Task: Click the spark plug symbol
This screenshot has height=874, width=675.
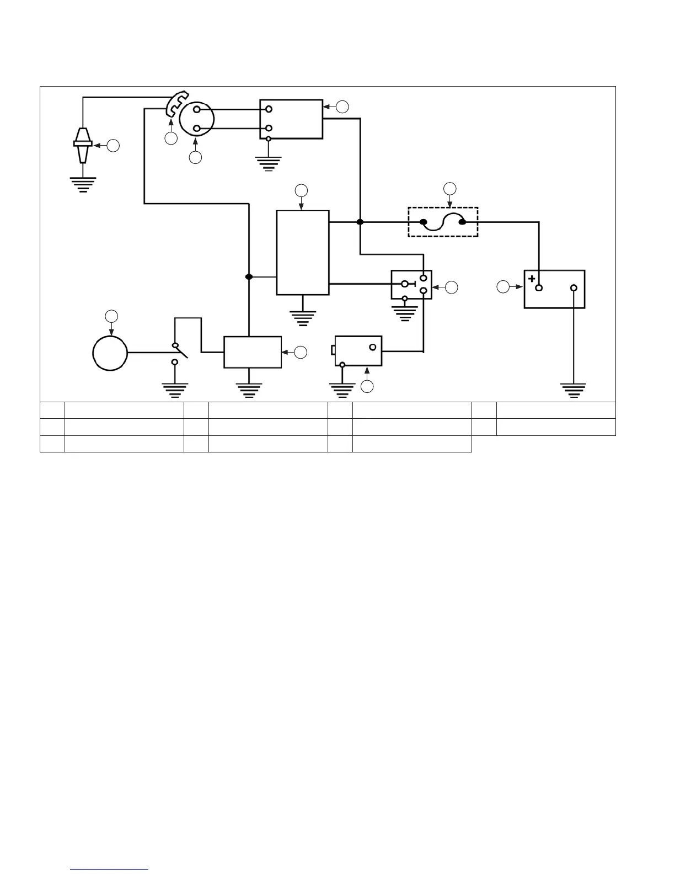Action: [x=82, y=145]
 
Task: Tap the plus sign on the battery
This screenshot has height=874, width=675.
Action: [x=532, y=279]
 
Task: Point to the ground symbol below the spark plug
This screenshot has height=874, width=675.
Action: [x=82, y=184]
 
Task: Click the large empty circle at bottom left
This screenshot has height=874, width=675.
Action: [x=110, y=353]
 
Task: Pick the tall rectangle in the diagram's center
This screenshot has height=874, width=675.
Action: [x=303, y=252]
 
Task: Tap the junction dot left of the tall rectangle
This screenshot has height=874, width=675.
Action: [x=249, y=276]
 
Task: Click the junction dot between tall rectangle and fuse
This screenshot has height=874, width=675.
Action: [x=360, y=222]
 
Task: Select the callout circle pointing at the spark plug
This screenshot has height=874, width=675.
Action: [x=113, y=146]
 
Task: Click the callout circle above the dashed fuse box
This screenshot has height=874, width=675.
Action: [x=450, y=188]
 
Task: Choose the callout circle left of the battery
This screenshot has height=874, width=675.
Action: [x=503, y=287]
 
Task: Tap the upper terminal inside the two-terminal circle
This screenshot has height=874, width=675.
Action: [x=197, y=109]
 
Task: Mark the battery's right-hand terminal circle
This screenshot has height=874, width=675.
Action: [x=574, y=288]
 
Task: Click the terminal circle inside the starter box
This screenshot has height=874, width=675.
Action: [x=373, y=347]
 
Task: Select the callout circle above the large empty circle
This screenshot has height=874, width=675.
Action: [x=111, y=316]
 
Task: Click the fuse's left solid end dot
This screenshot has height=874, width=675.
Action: [x=424, y=222]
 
